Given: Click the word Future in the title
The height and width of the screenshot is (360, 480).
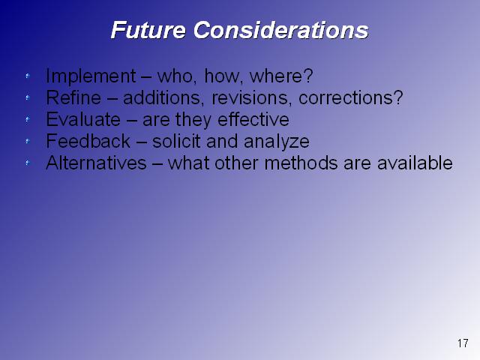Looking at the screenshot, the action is [148, 30].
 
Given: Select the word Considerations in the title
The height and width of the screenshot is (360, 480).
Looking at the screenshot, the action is [280, 30].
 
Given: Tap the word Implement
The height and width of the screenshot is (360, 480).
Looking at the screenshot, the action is [91, 76].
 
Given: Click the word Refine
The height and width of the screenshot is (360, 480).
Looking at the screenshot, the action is [73, 97].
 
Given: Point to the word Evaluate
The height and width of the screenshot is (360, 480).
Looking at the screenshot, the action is [83, 119].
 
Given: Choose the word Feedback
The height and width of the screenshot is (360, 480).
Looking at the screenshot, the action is [88, 141].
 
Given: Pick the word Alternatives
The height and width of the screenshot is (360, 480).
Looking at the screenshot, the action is [96, 163].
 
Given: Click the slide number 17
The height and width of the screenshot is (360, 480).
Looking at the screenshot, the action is [463, 343].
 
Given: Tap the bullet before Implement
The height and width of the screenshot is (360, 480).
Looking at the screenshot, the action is [28, 76].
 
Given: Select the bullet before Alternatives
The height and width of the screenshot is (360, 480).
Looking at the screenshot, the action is [28, 163].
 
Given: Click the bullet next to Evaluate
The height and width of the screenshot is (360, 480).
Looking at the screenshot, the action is [28, 119].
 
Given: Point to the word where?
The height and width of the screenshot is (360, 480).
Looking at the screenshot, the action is [281, 76].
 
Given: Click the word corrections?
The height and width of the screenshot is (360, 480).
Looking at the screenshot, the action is [351, 98].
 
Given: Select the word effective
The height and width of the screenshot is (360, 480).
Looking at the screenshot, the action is [253, 119].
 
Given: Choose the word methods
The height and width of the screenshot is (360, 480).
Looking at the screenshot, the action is [301, 163].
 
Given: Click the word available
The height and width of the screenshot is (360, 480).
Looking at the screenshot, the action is [415, 163].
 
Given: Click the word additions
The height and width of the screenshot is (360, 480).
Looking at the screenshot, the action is [163, 98].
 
